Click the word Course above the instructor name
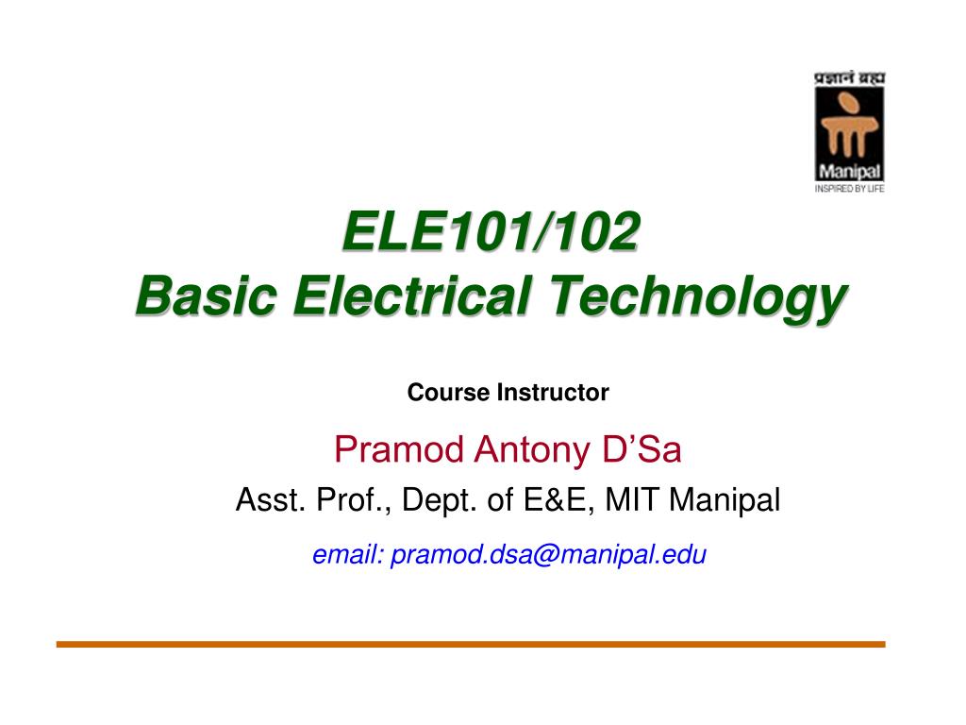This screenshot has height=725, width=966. [x=449, y=393]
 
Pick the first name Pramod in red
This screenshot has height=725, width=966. [x=400, y=451]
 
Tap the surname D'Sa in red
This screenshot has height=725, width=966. [x=641, y=451]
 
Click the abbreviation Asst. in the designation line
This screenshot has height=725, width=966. [x=267, y=500]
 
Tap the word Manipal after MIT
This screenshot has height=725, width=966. [x=724, y=500]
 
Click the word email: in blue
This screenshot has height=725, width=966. [x=347, y=555]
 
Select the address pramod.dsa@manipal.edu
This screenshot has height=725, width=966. [x=548, y=555]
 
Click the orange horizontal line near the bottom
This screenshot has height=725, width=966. [x=471, y=644]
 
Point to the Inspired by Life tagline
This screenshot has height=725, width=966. [x=848, y=189]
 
